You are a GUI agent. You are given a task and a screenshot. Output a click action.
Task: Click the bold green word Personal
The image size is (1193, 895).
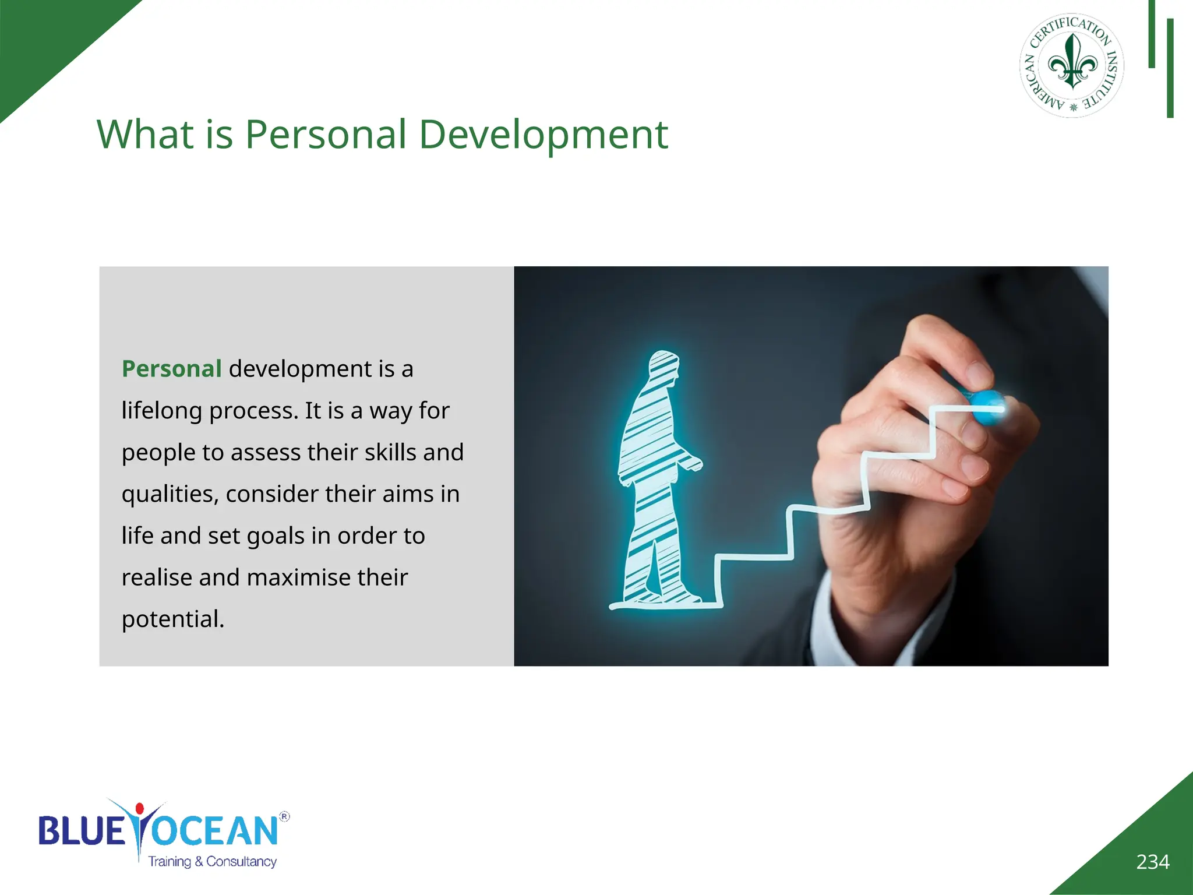click(171, 369)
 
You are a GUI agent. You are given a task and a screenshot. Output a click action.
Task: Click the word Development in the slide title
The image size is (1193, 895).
click(543, 135)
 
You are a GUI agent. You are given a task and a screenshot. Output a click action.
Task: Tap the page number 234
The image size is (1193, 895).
click(1152, 861)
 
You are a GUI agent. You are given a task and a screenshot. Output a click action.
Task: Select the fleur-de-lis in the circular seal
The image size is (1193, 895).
click(1072, 62)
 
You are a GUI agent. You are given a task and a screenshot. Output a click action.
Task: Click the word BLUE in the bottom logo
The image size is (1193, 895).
click(82, 830)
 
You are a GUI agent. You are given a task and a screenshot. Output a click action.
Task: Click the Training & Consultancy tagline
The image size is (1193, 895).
click(212, 861)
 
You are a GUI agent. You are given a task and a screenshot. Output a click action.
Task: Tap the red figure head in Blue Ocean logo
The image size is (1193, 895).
click(139, 809)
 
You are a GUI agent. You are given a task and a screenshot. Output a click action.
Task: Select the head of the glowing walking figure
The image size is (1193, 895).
click(664, 367)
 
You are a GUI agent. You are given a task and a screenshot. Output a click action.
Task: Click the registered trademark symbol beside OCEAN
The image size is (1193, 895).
click(284, 816)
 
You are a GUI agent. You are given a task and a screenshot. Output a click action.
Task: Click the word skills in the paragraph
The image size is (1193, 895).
click(390, 453)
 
